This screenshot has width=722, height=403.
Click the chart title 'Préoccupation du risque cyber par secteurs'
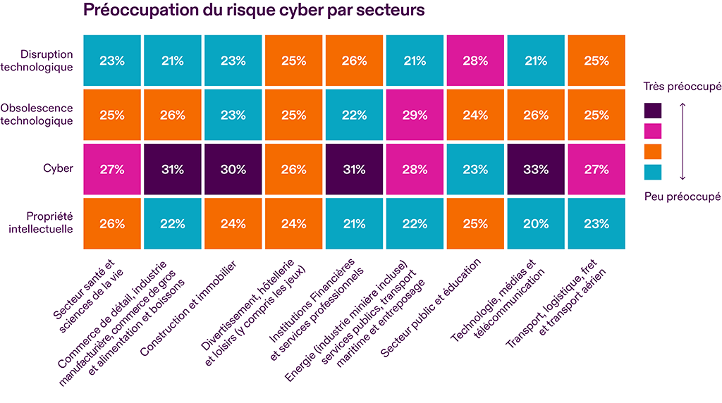pyautogui.click(x=255, y=11)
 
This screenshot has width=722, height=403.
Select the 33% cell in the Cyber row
pyautogui.click(x=536, y=169)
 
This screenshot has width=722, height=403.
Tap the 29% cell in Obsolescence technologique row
pyautogui.click(x=415, y=114)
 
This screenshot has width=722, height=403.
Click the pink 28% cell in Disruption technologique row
pyautogui.click(x=475, y=61)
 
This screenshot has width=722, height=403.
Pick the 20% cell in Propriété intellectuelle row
pyautogui.click(x=536, y=224)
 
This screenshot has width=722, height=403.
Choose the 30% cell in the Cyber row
pyautogui.click(x=233, y=169)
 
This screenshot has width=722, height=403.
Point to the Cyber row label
pyautogui.click(x=59, y=169)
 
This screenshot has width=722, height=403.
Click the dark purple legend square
pyautogui.click(x=653, y=111)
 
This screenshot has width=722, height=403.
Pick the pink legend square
pyautogui.click(x=653, y=131)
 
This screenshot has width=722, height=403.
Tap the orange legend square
pyautogui.click(x=653, y=151)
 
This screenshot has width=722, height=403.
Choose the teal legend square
pyautogui.click(x=653, y=172)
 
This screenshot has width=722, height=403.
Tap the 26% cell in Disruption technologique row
pyautogui.click(x=354, y=61)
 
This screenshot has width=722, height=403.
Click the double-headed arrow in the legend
pyautogui.click(x=683, y=141)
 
